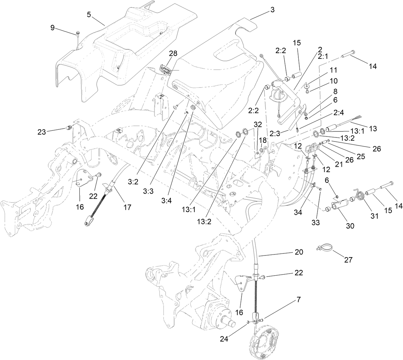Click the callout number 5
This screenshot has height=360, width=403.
[x=89, y=14]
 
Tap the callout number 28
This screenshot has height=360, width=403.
[x=173, y=53]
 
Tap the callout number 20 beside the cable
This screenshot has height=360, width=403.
[x=299, y=252]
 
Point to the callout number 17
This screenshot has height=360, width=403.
[x=127, y=207]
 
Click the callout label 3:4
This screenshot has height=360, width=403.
[x=157, y=201]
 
